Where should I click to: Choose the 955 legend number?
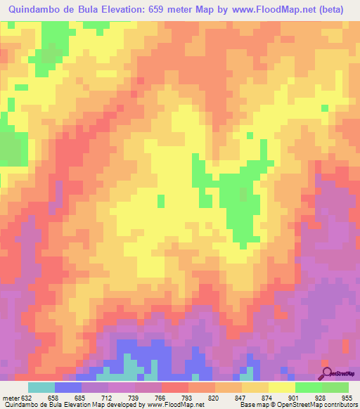(345, 396)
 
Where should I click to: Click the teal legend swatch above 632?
(41, 387)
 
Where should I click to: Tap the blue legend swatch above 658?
(68, 387)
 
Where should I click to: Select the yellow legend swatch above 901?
(282, 387)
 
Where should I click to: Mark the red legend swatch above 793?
(175, 387)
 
